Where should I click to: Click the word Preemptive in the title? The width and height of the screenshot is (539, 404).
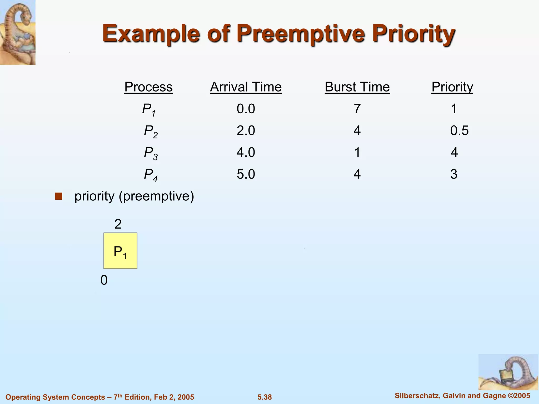point(301,34)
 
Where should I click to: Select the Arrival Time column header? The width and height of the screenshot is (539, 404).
point(246,87)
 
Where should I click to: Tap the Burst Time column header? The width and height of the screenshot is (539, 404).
point(357,87)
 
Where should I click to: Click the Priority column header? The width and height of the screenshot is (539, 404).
point(452,87)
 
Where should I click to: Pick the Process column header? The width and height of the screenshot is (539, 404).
point(148,87)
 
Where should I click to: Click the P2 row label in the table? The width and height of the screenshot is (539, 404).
point(151,131)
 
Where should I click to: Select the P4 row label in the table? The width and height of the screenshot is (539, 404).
point(151,175)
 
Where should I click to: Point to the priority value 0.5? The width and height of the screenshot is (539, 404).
point(459,131)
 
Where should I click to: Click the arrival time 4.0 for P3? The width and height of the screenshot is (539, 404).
point(246,153)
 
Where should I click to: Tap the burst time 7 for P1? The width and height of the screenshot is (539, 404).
point(357,109)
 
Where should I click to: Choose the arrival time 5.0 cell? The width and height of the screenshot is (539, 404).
point(246,174)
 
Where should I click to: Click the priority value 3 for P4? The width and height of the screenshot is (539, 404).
point(454,174)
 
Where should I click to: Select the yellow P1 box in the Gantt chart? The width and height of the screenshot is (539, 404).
point(120,251)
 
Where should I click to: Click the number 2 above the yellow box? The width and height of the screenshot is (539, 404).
point(118,224)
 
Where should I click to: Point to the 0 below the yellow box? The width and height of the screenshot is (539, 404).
point(104,280)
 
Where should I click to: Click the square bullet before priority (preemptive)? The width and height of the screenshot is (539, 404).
point(58,196)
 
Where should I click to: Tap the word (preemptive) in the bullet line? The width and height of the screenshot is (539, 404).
point(156,196)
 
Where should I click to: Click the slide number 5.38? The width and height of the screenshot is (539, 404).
point(264,397)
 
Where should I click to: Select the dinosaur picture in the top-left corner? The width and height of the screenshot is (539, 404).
point(18,32)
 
